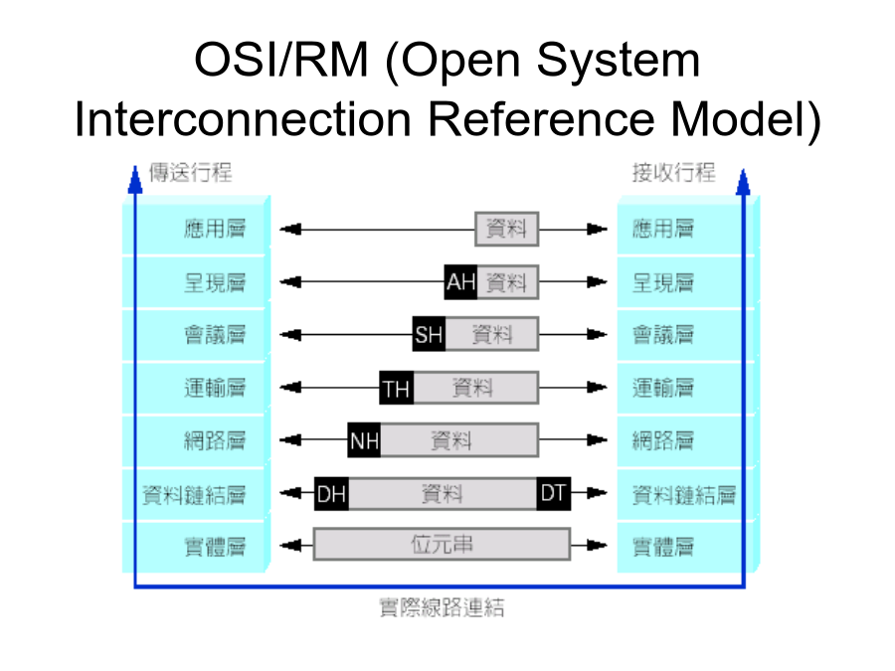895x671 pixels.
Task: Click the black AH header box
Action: pos(460,282)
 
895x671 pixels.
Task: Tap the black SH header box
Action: pos(429,334)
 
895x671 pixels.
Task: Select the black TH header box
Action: pos(397,388)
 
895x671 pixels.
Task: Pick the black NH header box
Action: pos(364,440)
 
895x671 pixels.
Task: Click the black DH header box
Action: pos(331,493)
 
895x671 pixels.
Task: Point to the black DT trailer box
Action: pos(554,493)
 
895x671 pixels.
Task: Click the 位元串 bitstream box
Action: pos(442,545)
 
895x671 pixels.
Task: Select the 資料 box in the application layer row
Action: pos(507,230)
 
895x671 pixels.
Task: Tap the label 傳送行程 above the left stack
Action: pos(191,172)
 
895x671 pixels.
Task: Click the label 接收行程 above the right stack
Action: pos(673,172)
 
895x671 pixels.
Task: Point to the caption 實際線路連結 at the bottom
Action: pos(442,607)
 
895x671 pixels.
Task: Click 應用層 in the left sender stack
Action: pos(215,229)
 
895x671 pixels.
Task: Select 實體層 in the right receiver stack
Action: pos(663,547)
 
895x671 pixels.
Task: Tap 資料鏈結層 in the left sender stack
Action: pos(195,495)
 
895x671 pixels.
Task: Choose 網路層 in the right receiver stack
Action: pos(663,440)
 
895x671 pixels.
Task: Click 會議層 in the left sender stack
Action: pos(215,335)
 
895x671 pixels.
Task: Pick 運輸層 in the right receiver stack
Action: pos(663,388)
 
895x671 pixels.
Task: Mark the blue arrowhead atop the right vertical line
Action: pos(743,182)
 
